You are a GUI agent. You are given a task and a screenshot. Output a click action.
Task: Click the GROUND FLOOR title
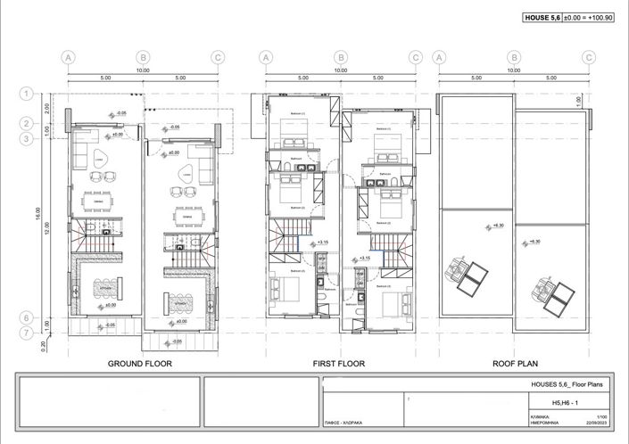[x=139, y=364]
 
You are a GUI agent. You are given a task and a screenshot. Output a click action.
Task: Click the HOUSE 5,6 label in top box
[x=542, y=17]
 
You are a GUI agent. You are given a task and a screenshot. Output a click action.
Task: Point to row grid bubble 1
[x=28, y=93]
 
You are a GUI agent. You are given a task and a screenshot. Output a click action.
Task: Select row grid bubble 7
[x=28, y=333]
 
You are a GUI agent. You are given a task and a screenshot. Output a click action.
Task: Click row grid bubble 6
[x=28, y=317]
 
